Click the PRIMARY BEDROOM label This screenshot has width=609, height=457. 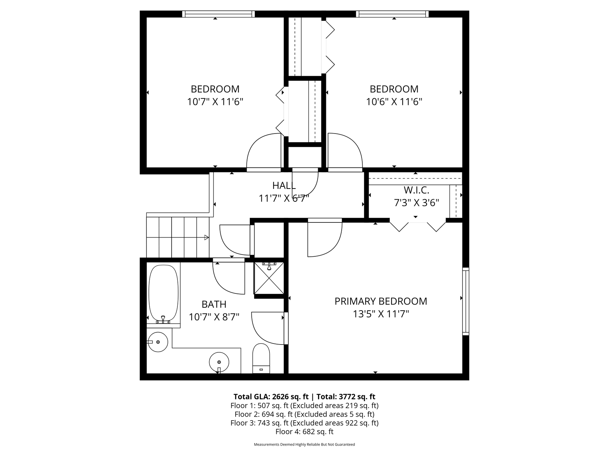pos(381,301)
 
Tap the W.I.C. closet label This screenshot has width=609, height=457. pos(416,190)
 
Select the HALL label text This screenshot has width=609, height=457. pos(284,186)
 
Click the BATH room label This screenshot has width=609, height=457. pos(214,304)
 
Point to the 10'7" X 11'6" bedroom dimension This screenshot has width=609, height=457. pos(215,102)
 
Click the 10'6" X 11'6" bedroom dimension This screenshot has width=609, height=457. pos(394,102)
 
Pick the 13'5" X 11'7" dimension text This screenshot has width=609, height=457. pos(381,314)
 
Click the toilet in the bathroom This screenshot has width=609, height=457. pos(261,358)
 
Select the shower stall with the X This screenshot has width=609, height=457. pos(269,278)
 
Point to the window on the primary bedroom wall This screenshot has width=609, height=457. pos(465,301)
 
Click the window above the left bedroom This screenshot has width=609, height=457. pos(218,14)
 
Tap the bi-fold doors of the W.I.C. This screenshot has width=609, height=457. pos(418,226)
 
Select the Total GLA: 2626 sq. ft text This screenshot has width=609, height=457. pos(271,397)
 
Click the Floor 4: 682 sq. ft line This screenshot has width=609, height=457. pos(304,432)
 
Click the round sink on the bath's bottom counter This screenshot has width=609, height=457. pos(219,361)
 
